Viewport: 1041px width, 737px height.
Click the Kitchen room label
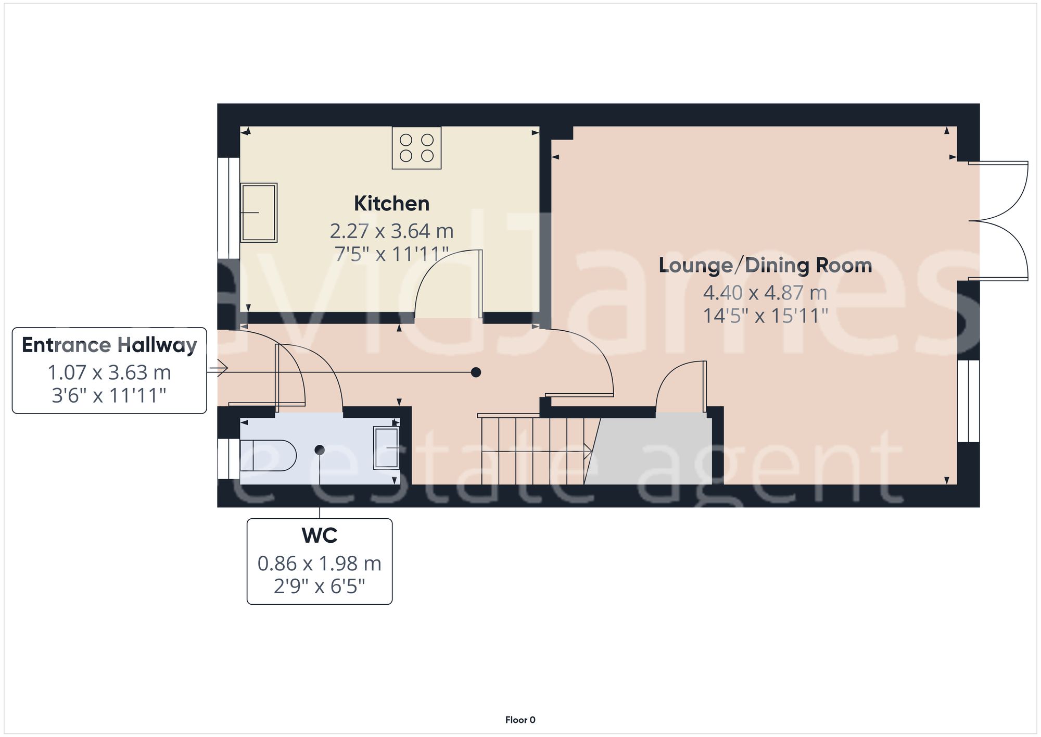[391, 204]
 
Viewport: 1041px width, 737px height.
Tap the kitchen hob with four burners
[416, 148]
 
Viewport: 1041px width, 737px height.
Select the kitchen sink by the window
[259, 213]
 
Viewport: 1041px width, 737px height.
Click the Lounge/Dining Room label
[765, 265]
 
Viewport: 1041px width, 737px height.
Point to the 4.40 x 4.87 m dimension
[765, 293]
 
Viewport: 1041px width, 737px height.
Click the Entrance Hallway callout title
[109, 345]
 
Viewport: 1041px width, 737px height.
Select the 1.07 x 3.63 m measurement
[109, 372]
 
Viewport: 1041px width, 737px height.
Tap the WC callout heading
[319, 535]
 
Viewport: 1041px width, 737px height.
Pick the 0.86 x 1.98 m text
[319, 564]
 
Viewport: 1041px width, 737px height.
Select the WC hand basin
[386, 448]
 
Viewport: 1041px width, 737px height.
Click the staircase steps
[531, 451]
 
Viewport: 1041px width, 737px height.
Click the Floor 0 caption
[520, 720]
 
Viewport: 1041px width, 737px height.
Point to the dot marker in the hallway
[476, 372]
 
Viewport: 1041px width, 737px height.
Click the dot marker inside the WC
[320, 449]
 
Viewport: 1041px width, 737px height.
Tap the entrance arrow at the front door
[218, 368]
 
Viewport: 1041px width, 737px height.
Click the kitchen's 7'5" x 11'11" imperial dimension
[391, 254]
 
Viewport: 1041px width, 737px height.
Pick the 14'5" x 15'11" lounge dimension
[765, 316]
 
